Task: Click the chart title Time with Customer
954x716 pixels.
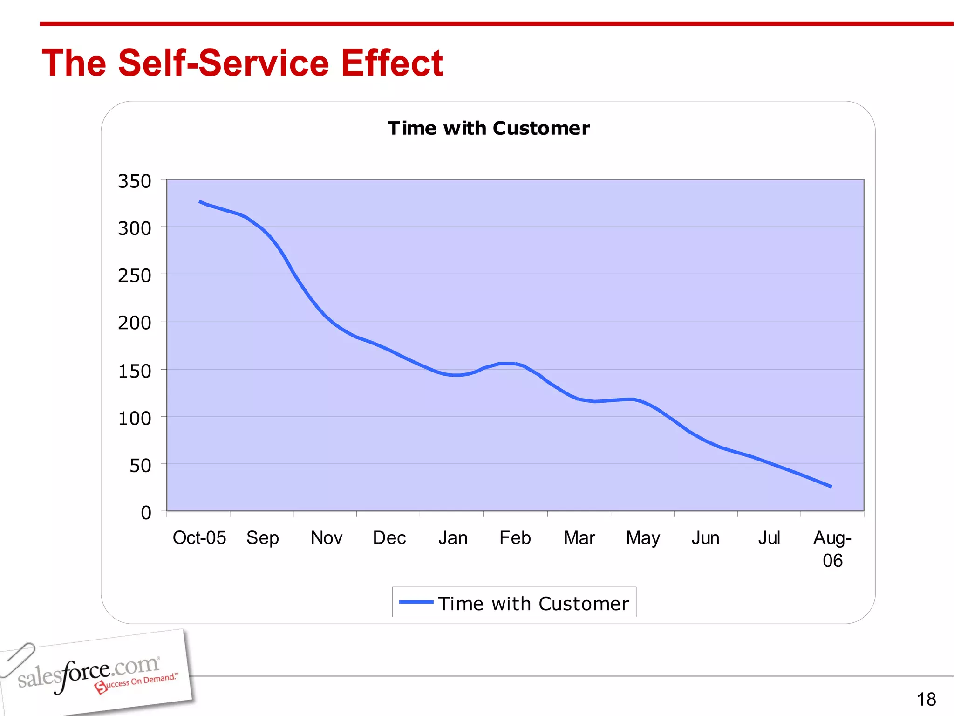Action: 489,128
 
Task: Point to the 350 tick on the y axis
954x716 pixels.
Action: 135,181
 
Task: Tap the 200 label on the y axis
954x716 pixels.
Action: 135,323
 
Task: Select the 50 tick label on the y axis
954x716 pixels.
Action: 140,466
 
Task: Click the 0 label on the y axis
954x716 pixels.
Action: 146,513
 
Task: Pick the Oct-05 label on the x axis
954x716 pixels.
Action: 199,538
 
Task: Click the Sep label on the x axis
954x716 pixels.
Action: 263,538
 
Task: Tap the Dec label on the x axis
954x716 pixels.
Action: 389,538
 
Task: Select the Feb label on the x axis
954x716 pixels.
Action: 515,538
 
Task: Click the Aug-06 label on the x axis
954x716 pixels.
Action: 832,549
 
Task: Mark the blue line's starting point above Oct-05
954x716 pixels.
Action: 200,201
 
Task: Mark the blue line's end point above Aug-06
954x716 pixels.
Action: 831,487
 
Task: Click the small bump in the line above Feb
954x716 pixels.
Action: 507,364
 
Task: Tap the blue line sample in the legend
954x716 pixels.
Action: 416,602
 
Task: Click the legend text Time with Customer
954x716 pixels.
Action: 533,604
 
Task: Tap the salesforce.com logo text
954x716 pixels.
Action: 89,674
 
